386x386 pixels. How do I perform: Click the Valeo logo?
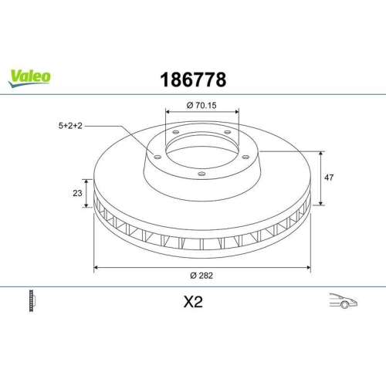coord(30,75)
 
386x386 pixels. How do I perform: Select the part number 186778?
coord(192,80)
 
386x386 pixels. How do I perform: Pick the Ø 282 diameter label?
coord(201,276)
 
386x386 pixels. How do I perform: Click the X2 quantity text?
coord(192,303)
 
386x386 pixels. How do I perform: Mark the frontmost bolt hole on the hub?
coord(201,174)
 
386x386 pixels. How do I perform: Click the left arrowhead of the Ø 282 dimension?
coord(96,267)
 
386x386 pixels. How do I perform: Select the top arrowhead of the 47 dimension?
coord(321,152)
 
